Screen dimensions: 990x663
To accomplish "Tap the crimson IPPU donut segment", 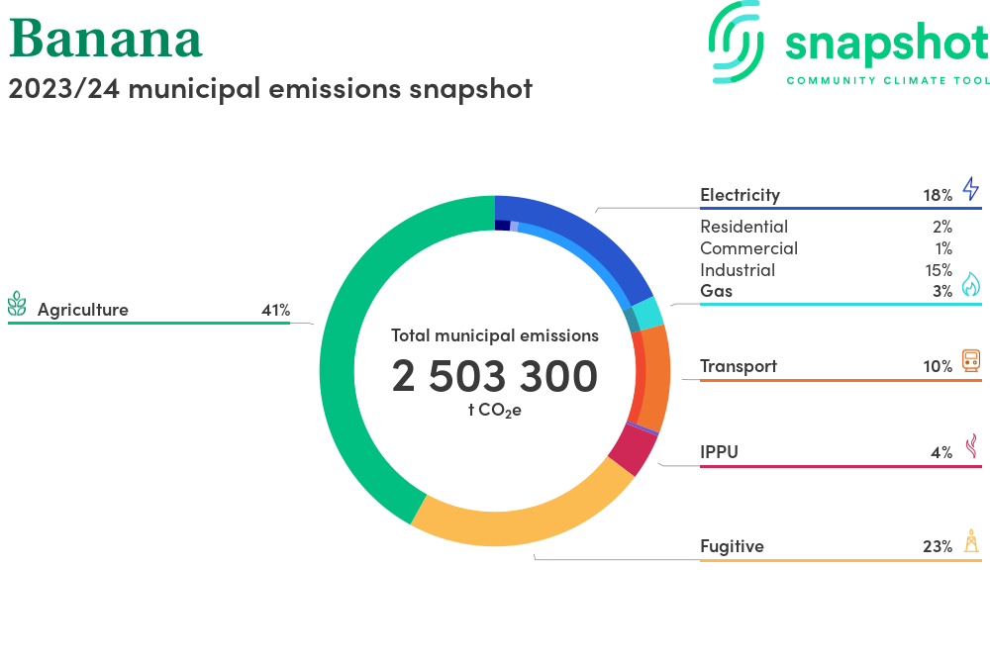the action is (635, 449).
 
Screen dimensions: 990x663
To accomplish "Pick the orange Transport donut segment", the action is (653, 377).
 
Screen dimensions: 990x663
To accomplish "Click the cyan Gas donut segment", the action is (647, 314).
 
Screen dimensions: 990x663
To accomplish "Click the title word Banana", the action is (106, 39).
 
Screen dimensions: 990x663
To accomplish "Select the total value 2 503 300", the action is (494, 376).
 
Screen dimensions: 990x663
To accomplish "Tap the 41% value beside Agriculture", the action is (276, 310).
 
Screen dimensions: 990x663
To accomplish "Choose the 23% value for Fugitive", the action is (938, 546).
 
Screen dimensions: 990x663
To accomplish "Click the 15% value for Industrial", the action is (939, 270).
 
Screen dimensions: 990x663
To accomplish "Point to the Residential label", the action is (743, 227).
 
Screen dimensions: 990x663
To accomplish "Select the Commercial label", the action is (748, 248).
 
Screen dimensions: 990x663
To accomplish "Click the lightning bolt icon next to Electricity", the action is (970, 189).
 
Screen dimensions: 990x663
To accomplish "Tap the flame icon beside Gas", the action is (971, 284).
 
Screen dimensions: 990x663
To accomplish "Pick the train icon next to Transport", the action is (971, 361).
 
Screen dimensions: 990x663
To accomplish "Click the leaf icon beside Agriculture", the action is (17, 304).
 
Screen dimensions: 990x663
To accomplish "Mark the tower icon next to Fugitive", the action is (972, 541).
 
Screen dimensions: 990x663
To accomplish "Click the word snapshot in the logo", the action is (887, 45).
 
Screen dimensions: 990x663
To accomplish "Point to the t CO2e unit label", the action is (495, 411).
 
